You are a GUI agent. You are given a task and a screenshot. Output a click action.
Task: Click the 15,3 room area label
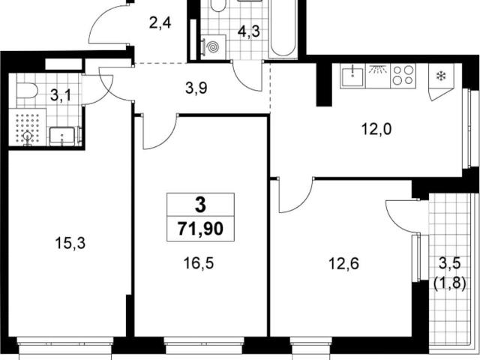click(x=70, y=243)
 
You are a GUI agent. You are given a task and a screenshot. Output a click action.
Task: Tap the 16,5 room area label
click(x=198, y=263)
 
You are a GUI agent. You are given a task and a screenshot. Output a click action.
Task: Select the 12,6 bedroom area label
click(x=343, y=263)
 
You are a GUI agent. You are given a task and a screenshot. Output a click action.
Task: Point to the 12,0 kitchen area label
click(x=376, y=129)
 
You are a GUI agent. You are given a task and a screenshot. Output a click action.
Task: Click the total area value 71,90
click(x=200, y=229)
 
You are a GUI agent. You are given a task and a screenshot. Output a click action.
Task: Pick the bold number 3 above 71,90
click(x=200, y=205)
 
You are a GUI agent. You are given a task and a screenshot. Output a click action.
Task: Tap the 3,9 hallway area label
click(x=196, y=88)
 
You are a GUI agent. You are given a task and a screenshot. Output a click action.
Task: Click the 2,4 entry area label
click(x=160, y=23)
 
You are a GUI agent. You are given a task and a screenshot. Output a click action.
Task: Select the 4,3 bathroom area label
click(x=249, y=31)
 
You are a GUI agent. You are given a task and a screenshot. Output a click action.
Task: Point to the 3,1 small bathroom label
click(x=61, y=95)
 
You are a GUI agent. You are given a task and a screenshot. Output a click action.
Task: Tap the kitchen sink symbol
click(x=352, y=76)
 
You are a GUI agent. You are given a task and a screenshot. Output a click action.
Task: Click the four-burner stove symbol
click(x=403, y=76)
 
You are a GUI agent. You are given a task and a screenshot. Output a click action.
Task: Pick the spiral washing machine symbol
click(x=214, y=47)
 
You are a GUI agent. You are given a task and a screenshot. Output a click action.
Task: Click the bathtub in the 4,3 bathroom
click(x=283, y=29)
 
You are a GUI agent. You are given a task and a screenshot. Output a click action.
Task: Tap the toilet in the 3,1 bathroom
click(x=27, y=91)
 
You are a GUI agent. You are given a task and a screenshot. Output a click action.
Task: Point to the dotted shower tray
click(x=28, y=127)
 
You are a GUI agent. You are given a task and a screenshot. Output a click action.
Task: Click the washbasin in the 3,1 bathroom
click(x=62, y=136)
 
